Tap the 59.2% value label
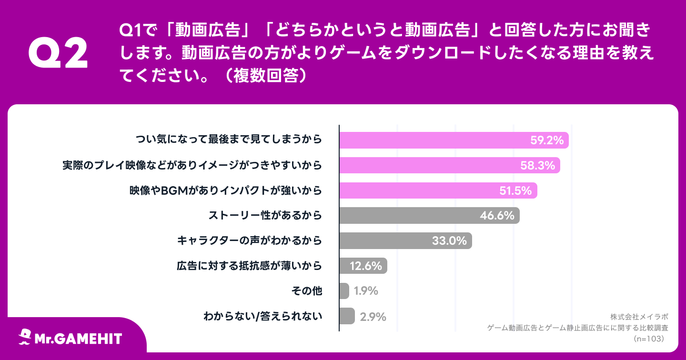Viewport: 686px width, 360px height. tap(547, 140)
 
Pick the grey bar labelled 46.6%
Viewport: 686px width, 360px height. tap(429, 216)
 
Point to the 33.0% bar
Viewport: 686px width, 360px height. tap(405, 240)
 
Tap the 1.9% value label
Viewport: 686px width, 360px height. tap(366, 291)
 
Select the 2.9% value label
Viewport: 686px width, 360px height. tap(373, 316)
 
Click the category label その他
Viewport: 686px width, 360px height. tap(306, 291)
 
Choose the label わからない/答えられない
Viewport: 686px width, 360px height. tap(262, 316)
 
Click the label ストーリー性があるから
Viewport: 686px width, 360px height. tap(265, 216)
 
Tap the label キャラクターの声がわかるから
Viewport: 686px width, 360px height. tap(250, 240)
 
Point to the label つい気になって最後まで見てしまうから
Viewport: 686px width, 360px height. tap(229, 140)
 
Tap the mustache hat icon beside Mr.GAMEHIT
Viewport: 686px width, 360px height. tap(25, 337)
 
